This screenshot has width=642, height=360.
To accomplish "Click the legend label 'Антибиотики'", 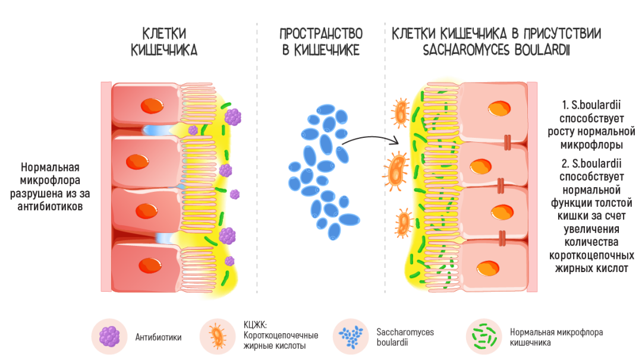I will tap(158, 337).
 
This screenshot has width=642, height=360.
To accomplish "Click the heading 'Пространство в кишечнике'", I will tap(321, 42).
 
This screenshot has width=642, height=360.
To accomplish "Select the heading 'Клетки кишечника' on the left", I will tap(164, 42).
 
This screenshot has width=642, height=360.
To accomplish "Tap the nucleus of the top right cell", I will tap(499, 109).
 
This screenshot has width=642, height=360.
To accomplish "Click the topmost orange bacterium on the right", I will tap(401, 112).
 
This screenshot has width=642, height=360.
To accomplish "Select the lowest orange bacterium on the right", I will tap(404, 222).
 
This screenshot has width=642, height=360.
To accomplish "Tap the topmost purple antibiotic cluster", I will tap(232, 116).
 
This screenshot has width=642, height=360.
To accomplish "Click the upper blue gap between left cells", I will tap(156, 130).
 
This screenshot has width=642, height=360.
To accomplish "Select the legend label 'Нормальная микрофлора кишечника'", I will tap(556, 337).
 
